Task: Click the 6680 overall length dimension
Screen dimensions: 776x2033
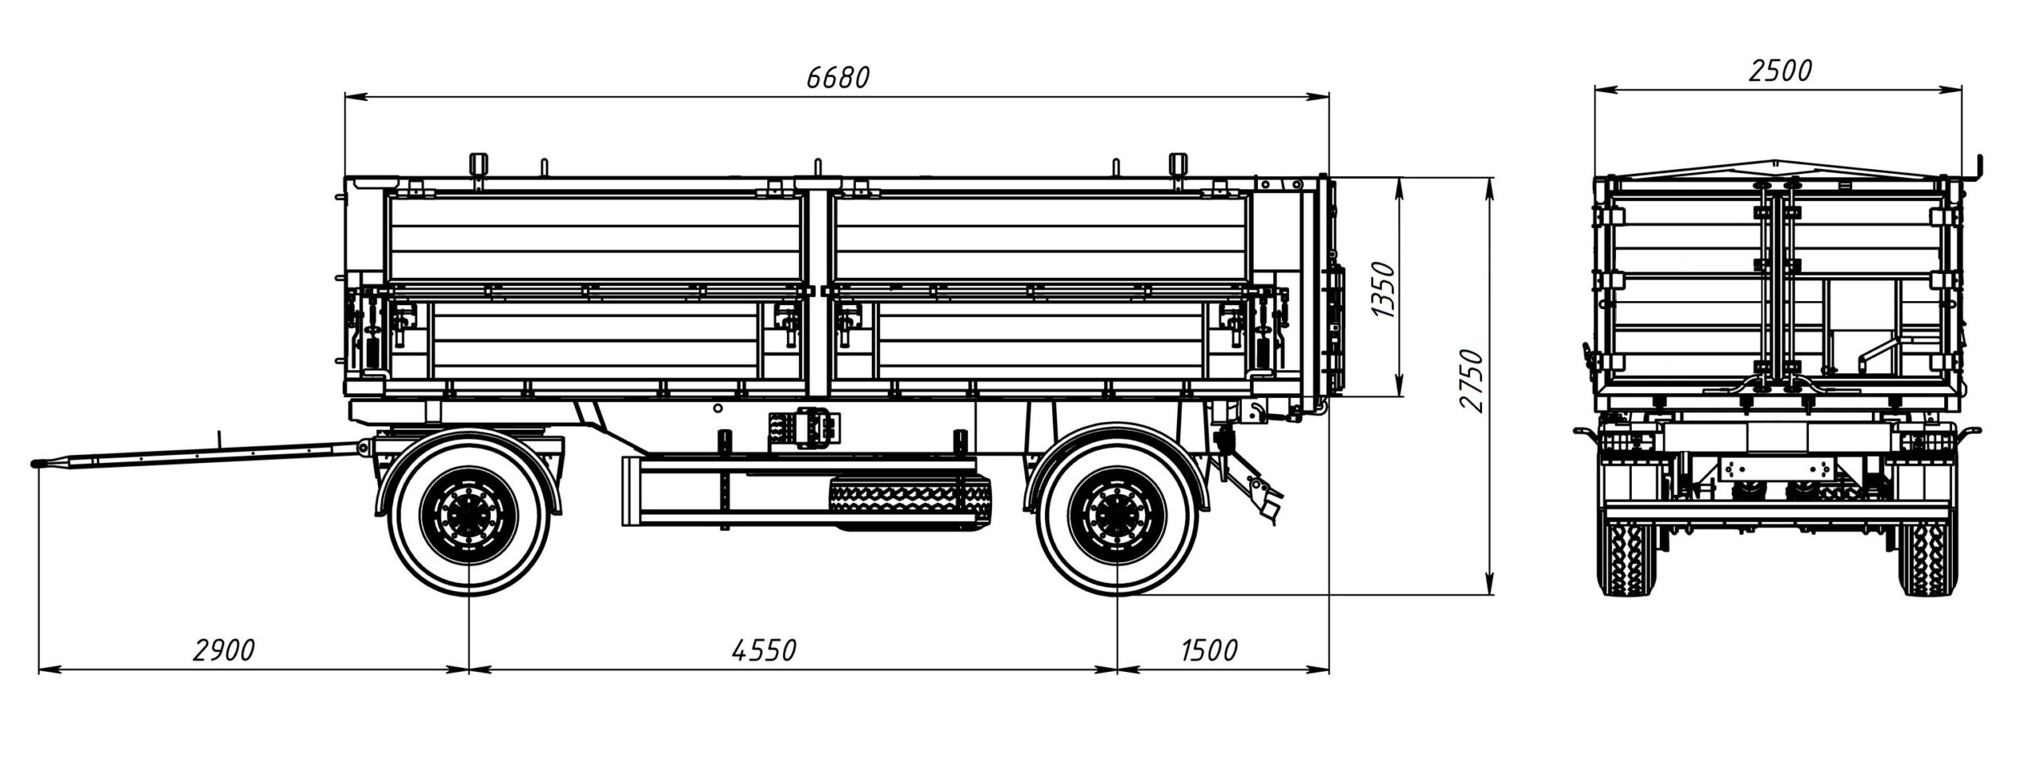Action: pos(838,77)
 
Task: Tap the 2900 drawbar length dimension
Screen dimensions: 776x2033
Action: pos(224,649)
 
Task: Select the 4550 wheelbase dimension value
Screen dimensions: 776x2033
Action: pos(762,649)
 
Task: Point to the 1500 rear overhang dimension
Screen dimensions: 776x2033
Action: pos(1209,649)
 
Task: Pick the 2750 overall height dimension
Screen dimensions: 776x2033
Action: pos(1471,380)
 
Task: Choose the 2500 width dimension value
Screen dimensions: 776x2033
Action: pos(1780,71)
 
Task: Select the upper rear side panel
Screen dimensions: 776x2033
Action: pos(1036,238)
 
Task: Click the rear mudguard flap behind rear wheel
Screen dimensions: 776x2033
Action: pos(1263,496)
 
